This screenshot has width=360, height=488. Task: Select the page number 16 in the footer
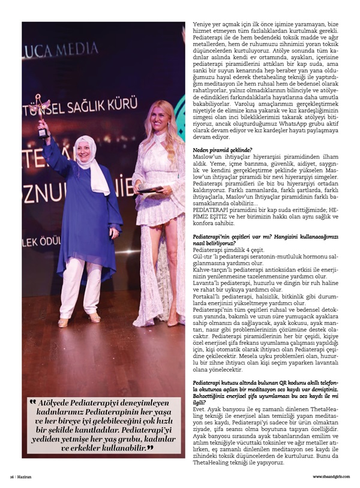[x=11, y=477]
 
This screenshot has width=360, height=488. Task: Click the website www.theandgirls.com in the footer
[x=329, y=477]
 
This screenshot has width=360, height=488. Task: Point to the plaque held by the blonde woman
[x=149, y=189]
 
